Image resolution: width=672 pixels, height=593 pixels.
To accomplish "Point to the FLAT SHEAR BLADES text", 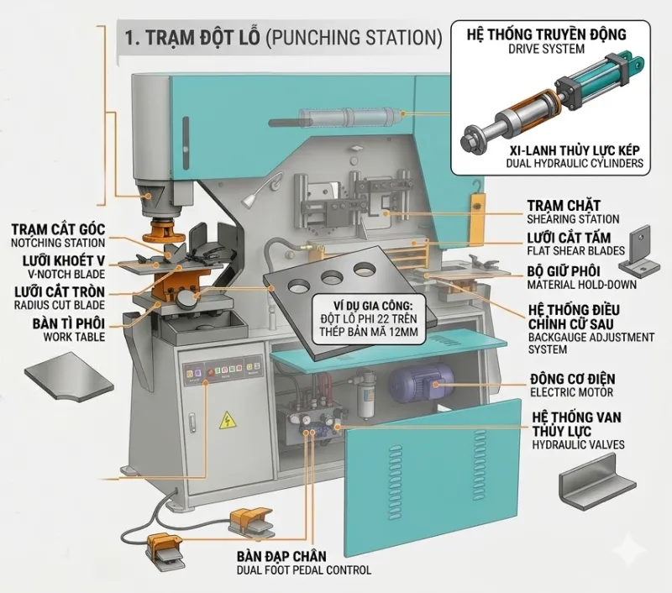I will coord(575,249).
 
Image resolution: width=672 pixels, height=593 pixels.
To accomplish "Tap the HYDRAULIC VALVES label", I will coord(578,444).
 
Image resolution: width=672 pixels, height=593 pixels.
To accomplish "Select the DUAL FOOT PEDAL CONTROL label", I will coord(304,570).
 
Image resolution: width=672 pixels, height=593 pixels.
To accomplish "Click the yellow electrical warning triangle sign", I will coord(226,421).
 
